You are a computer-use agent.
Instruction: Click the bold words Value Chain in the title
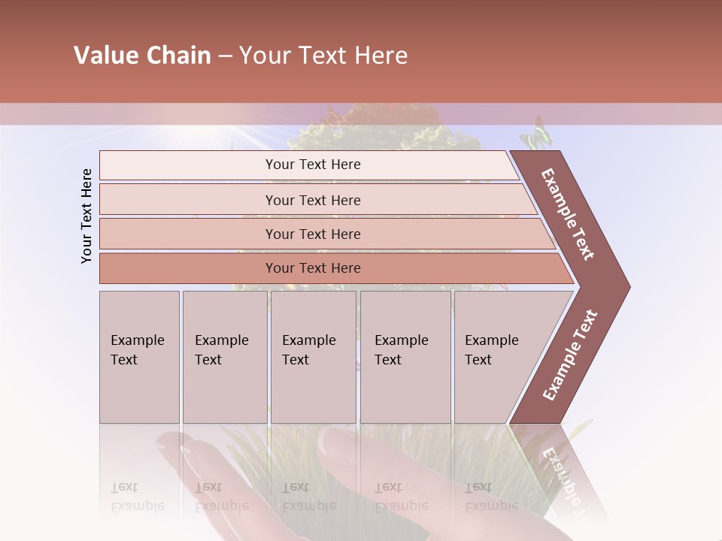point(142,56)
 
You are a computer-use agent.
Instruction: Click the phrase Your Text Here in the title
point(323,56)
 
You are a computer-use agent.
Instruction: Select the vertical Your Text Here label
point(86,216)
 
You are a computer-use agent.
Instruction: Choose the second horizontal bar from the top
point(313,200)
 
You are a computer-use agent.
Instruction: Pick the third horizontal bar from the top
point(313,234)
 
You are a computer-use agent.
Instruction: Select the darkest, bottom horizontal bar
point(313,268)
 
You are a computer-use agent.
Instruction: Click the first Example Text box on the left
point(139,356)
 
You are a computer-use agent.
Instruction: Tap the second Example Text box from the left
point(224,356)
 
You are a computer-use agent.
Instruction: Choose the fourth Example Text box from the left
point(405,356)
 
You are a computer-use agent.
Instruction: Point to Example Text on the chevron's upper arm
point(568,214)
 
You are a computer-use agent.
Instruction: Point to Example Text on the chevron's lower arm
point(569,355)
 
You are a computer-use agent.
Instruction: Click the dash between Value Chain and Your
point(225,56)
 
